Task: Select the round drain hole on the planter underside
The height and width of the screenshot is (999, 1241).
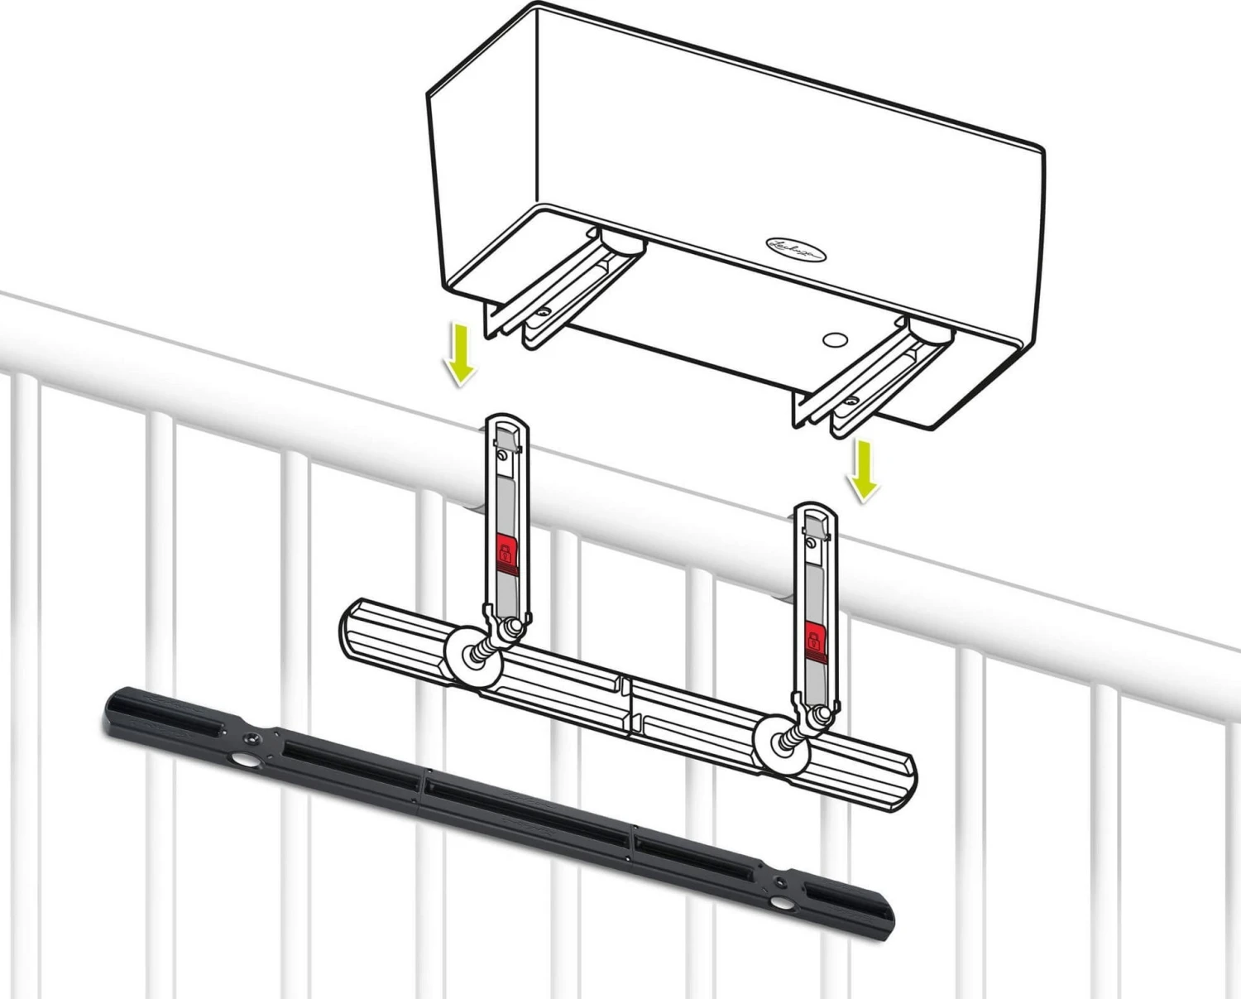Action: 834,339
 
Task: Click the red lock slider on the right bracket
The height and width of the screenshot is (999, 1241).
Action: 814,639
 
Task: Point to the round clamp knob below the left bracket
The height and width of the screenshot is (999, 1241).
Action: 472,657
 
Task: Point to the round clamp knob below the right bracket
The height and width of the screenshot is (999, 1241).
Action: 783,745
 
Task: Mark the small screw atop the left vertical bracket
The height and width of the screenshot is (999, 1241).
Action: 501,456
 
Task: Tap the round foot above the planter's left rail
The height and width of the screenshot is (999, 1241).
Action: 622,242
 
